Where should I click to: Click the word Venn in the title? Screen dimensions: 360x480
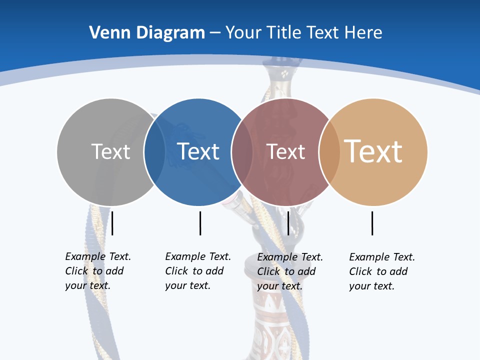[106, 33]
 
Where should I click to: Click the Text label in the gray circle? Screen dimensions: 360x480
[110, 151]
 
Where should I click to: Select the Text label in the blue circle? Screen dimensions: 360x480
[198, 151]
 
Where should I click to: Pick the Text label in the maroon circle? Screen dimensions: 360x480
[286, 152]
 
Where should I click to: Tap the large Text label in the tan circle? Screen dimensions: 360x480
[373, 151]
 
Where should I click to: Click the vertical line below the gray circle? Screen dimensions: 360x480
[112, 223]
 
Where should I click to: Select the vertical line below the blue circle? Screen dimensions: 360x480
[200, 223]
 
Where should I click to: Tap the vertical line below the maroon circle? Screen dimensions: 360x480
[288, 223]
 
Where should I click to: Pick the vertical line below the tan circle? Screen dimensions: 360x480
[372, 223]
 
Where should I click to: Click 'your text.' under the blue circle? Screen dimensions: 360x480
[188, 285]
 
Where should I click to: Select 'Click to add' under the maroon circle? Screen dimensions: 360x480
[286, 271]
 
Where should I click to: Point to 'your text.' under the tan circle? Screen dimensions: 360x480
[372, 286]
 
